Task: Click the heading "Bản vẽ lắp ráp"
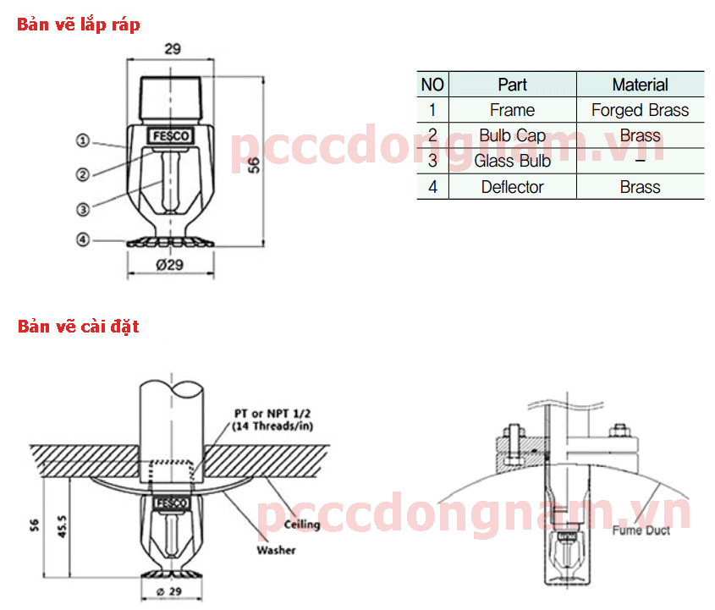[79, 25]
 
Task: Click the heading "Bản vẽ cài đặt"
[79, 326]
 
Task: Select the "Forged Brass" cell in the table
[640, 110]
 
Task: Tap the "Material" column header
[640, 85]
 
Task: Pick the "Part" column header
[512, 85]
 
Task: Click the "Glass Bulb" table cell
[512, 161]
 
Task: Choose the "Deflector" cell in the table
[512, 187]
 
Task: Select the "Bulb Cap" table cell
[512, 135]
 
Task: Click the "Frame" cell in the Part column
[512, 110]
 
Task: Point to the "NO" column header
[432, 85]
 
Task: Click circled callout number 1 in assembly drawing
[83, 140]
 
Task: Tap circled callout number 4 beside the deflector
[83, 239]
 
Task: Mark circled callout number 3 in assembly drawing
[83, 209]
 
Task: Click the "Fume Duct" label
[641, 530]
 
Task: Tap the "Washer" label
[276, 551]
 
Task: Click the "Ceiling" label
[301, 525]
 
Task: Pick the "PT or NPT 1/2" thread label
[272, 414]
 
